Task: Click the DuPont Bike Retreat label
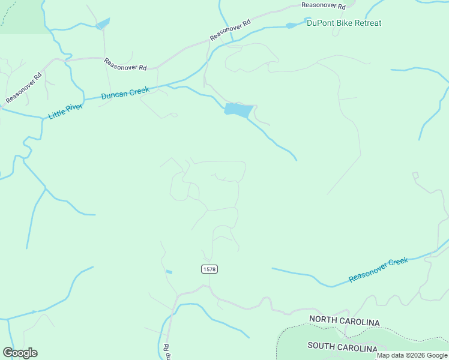pos(343,23)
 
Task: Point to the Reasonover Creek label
pos(378,270)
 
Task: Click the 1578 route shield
pos(209,269)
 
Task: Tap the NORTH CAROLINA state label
pos(344,322)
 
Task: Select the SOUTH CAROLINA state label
pos(342,347)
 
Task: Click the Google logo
pos(20,353)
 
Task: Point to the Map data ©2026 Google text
pos(412,355)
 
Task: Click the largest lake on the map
pos(238,110)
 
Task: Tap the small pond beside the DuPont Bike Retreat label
pos(291,25)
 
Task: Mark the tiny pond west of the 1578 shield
pos(169,272)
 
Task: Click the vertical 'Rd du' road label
pos(166,351)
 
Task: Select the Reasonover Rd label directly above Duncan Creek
pos(125,64)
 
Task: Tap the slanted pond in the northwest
pos(103,23)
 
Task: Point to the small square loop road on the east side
pos(415,175)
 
